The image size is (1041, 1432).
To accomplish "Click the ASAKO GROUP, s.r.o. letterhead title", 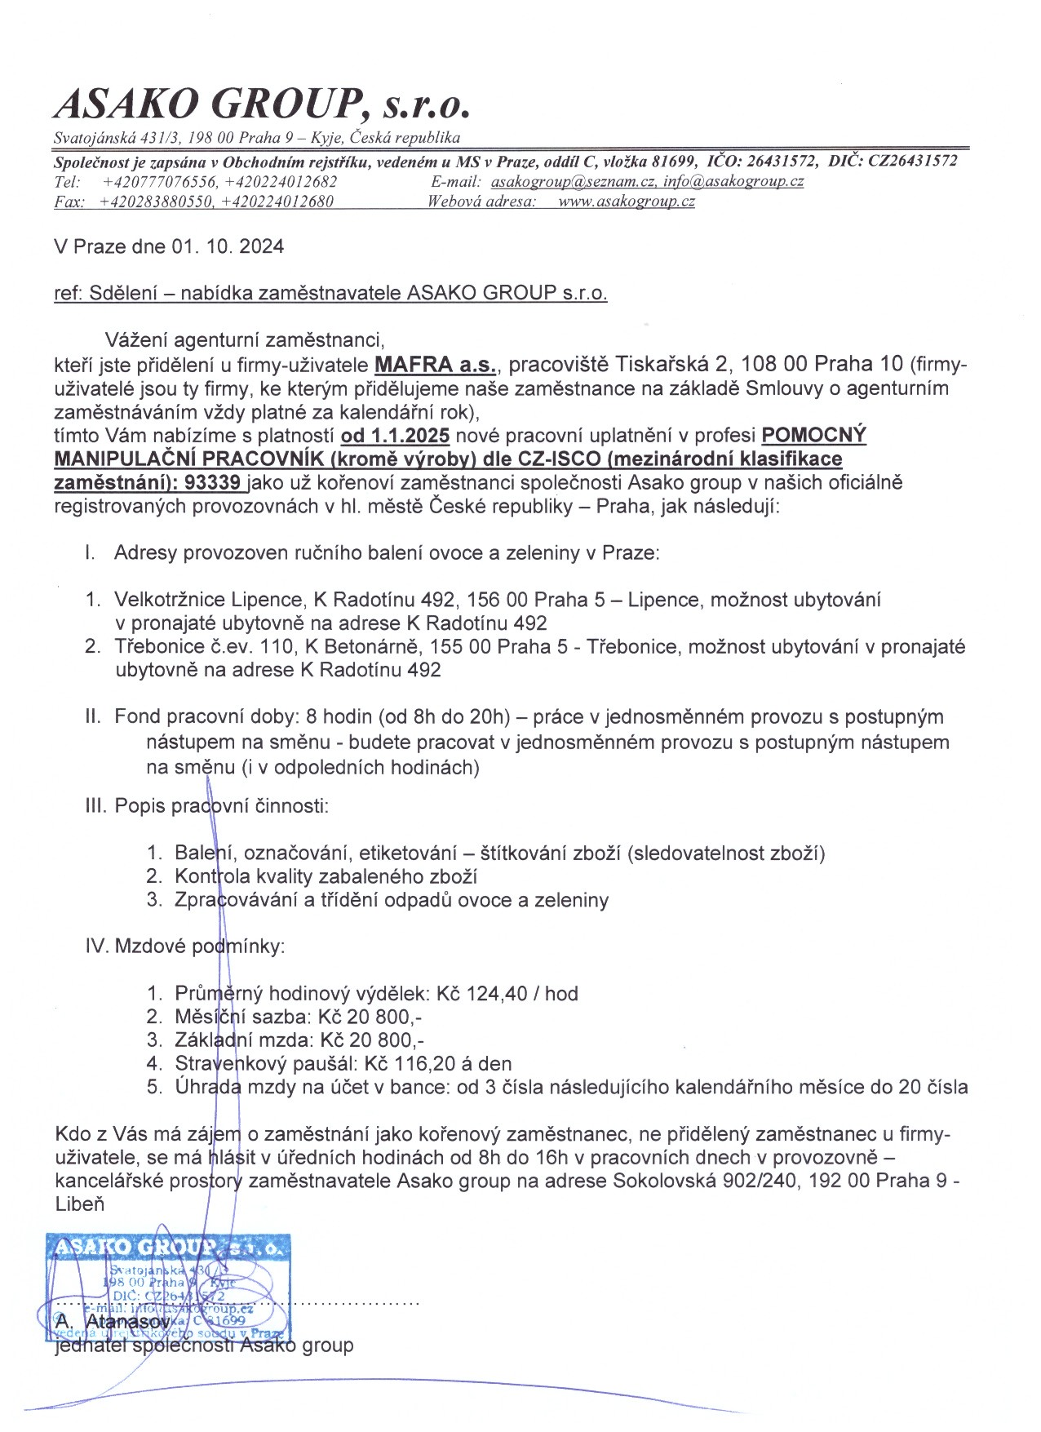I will tap(262, 105).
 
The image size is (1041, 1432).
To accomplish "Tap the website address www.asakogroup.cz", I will tap(626, 202).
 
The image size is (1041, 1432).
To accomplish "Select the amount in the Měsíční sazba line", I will tap(370, 1017).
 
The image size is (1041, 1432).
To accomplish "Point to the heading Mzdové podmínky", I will tap(199, 947).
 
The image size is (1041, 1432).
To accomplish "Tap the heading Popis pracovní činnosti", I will tap(221, 806).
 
